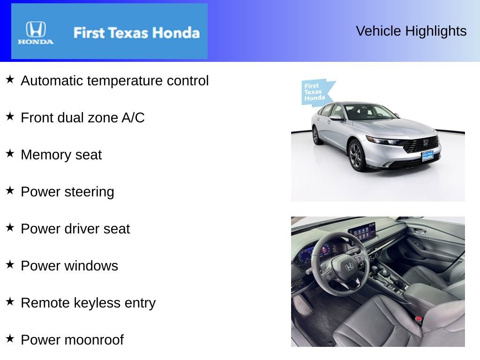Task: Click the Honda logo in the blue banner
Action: coord(36,32)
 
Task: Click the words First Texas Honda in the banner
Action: coord(136,33)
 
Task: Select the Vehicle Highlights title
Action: coord(411,31)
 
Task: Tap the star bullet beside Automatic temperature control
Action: coord(10,79)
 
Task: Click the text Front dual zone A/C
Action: coord(82,118)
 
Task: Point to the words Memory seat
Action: coord(61,155)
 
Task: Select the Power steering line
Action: coord(67,192)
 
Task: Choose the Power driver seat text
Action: coord(75,229)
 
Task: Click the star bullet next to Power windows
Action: coord(10,264)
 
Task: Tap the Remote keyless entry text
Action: coord(88,303)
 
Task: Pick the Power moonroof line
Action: coord(72,340)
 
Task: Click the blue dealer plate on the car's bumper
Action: coord(427,156)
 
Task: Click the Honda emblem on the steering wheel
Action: coord(349,266)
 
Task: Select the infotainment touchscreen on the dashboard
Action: coord(362,232)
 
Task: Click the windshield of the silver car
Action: coord(367,112)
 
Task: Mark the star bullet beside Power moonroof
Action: coord(10,338)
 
